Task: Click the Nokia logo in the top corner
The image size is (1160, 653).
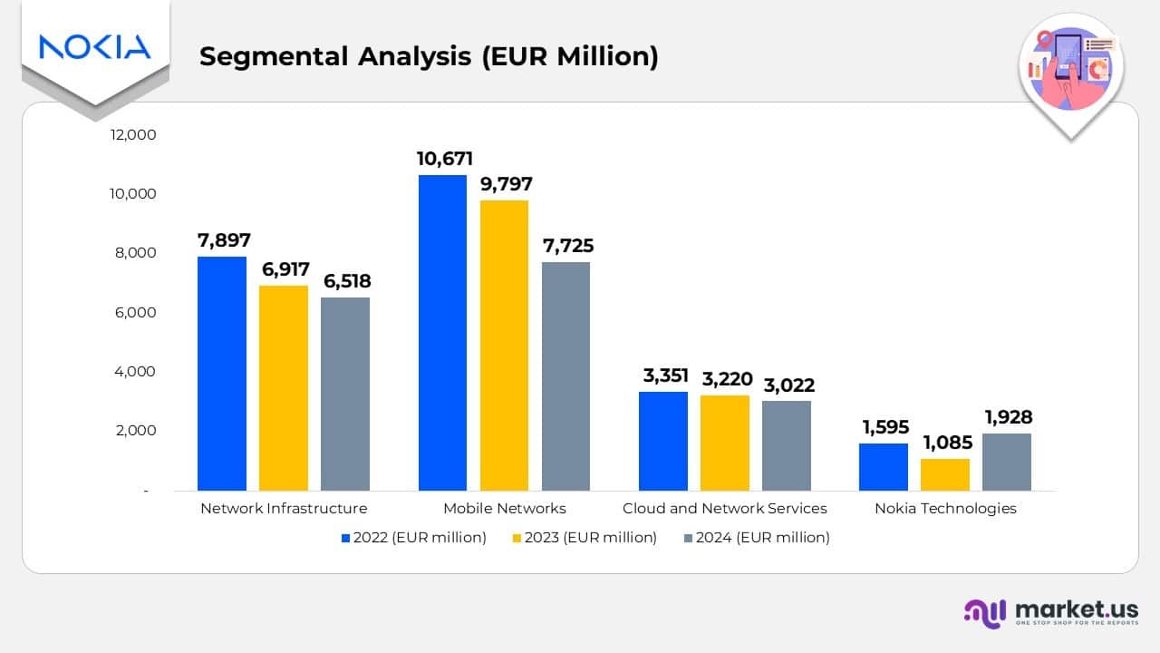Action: click(x=94, y=47)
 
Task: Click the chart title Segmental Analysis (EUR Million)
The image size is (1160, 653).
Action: click(x=429, y=56)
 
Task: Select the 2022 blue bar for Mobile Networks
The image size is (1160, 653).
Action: click(x=442, y=333)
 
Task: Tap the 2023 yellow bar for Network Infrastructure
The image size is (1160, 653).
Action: click(x=284, y=388)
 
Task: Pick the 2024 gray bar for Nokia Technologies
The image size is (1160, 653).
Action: click(x=1007, y=462)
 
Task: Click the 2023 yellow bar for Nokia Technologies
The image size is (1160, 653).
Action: click(x=945, y=474)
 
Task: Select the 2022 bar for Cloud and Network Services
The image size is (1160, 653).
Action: click(x=663, y=441)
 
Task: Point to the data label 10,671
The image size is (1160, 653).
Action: click(x=444, y=159)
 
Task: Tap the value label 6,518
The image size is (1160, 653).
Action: click(x=345, y=281)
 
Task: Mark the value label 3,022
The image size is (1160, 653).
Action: click(x=787, y=385)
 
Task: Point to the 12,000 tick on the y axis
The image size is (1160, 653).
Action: click(x=133, y=134)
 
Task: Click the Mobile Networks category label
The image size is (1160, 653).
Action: click(x=504, y=508)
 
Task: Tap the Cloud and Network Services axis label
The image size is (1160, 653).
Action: click(x=724, y=508)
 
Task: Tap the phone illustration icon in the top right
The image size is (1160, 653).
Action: click(x=1070, y=69)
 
